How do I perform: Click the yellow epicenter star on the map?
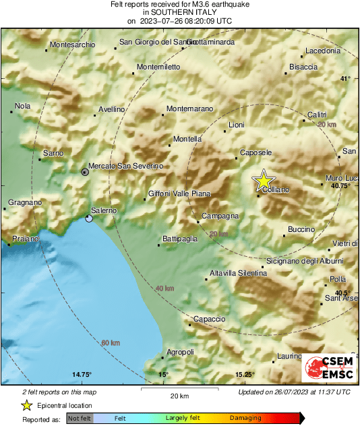(264, 180)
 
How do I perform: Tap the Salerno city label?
(104, 210)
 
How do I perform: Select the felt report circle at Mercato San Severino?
(84, 172)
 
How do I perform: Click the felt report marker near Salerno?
(90, 218)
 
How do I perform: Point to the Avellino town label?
(112, 109)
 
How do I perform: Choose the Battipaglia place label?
(180, 239)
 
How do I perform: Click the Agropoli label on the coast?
(180, 352)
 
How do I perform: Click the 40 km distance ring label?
(164, 288)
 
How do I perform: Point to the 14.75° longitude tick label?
(82, 375)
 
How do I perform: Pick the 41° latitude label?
(345, 79)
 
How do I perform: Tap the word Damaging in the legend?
(245, 418)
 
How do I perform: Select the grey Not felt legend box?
(80, 419)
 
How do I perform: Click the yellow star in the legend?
(27, 405)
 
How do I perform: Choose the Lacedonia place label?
(322, 51)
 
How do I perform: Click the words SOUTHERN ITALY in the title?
(179, 12)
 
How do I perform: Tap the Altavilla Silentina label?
(238, 273)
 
